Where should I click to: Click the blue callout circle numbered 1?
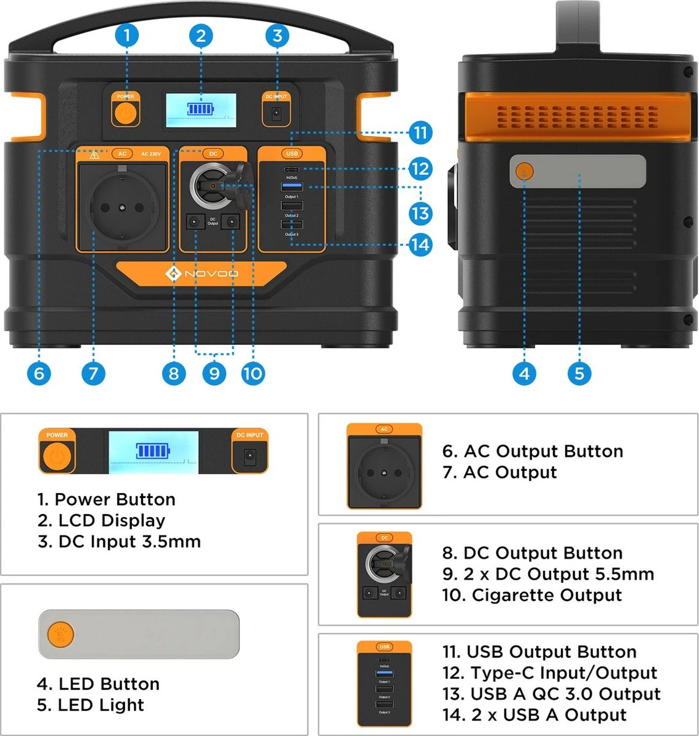[127, 35]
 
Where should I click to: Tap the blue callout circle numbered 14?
[420, 245]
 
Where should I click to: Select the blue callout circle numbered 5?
[579, 373]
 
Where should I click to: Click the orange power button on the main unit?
[126, 113]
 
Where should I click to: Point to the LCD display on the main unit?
[201, 110]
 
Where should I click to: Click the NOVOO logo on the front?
[202, 274]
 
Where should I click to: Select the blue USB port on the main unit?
[292, 186]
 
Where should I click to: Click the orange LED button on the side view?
[524, 171]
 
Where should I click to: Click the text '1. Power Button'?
[106, 499]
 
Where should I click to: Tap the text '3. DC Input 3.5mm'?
[119, 542]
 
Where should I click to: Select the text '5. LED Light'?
[90, 705]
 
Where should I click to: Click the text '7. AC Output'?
[500, 472]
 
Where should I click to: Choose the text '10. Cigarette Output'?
[532, 595]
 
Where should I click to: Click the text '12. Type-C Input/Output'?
[550, 673]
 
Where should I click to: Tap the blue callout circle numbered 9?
[214, 373]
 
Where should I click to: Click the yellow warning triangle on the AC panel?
[94, 155]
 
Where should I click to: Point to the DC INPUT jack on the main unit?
[276, 113]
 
